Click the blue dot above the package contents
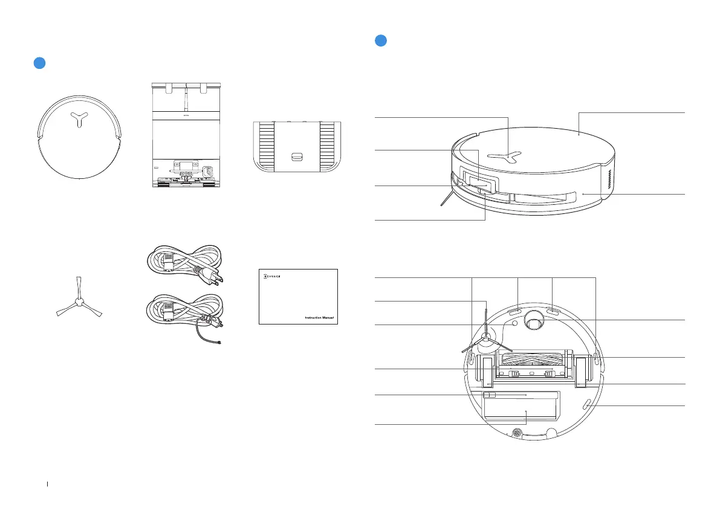[39, 63]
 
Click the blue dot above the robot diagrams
[381, 40]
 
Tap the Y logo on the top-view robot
[79, 119]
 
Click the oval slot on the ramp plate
[297, 157]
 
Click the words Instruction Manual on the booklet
[320, 317]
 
